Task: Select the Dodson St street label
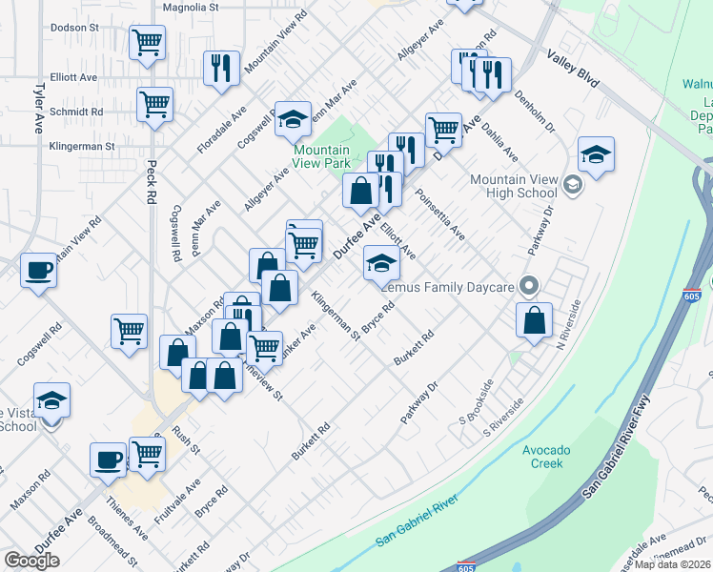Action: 75,28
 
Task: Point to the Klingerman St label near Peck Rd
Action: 83,147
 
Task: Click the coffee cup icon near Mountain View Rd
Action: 38,270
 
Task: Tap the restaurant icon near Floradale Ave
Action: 221,67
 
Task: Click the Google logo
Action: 31,561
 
